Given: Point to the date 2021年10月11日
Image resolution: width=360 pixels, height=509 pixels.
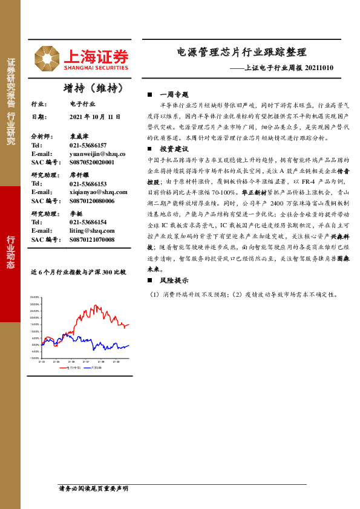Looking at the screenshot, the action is coord(95,116).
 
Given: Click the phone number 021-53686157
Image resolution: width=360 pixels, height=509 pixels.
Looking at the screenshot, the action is coord(88,146).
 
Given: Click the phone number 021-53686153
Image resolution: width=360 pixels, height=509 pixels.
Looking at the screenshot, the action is coord(88,183).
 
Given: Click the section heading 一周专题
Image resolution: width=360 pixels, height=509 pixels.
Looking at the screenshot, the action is coord(174,96).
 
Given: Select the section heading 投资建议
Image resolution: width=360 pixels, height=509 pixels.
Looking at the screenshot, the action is coord(174,149).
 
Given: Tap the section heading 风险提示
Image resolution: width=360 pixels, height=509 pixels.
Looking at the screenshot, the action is coord(174,281).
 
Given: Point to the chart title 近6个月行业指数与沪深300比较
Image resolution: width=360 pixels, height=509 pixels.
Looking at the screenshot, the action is coord(79,273).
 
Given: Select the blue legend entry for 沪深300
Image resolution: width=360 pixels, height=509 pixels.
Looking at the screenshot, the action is coord(94,367).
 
